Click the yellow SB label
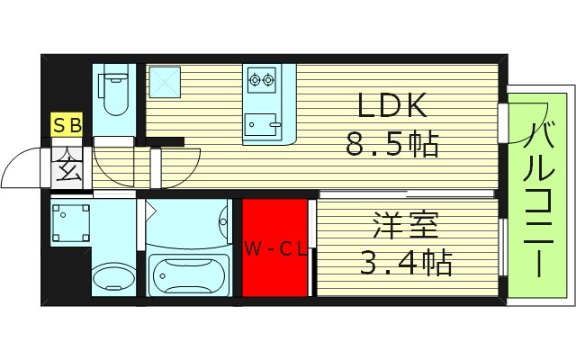67,127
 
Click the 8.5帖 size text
392,144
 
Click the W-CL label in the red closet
275,249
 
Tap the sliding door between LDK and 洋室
405,193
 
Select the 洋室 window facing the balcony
501,247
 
